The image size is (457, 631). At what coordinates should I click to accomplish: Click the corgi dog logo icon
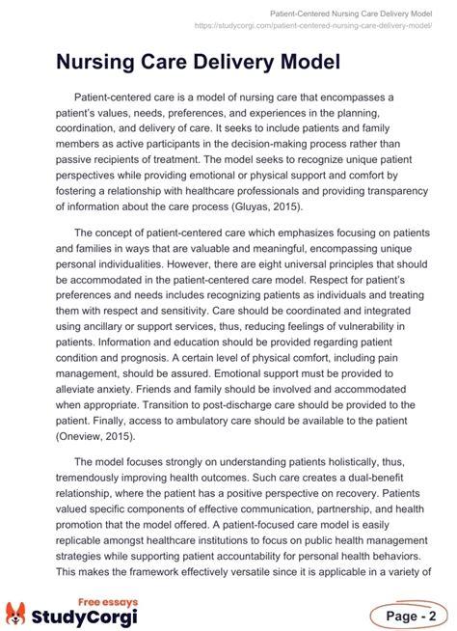18,613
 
